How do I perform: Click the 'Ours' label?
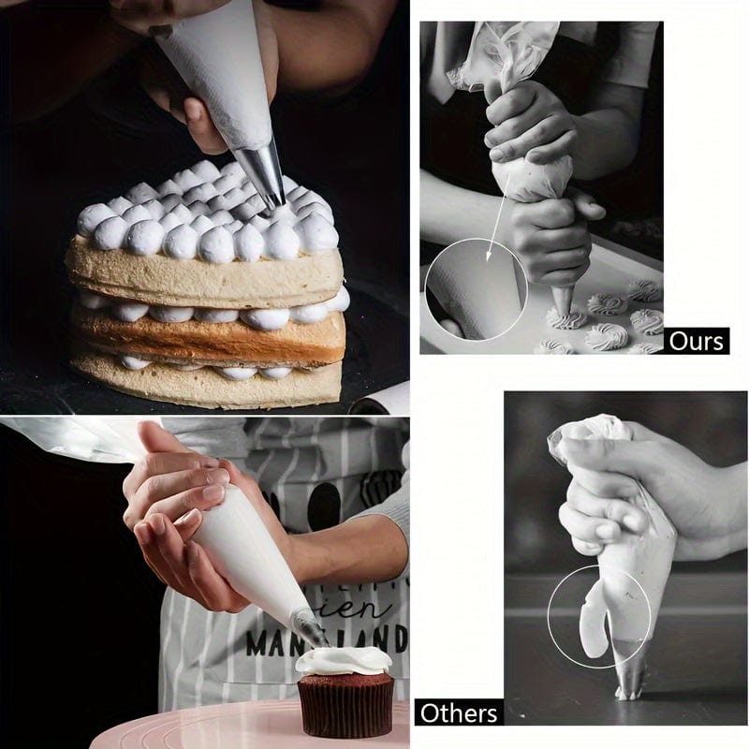[698, 341]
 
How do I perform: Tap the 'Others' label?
[458, 712]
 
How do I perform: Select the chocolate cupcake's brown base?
[345, 704]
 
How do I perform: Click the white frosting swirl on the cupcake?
[344, 660]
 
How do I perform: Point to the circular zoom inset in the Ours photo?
[476, 288]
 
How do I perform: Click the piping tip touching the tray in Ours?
[563, 301]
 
